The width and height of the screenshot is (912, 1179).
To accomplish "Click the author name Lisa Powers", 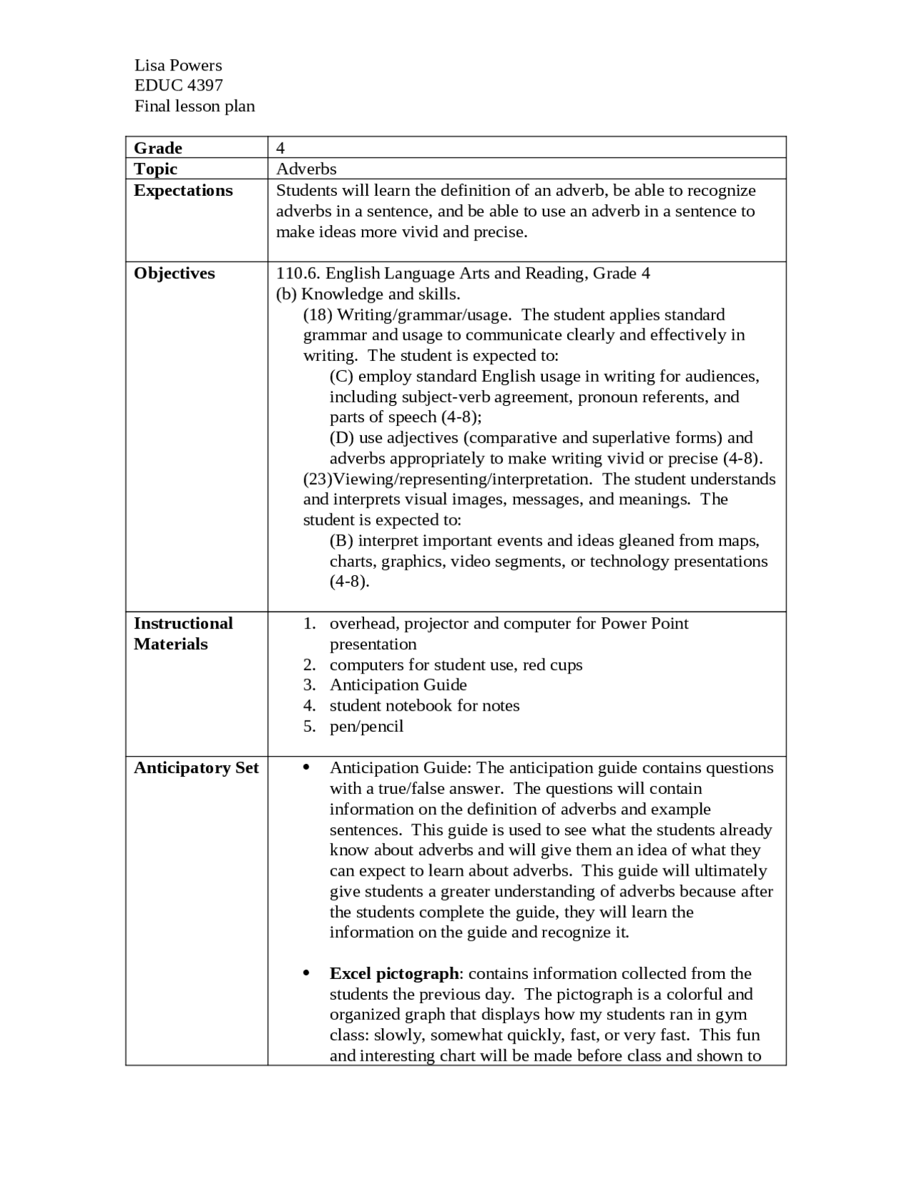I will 178,65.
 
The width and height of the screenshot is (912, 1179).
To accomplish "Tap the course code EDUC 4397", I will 179,85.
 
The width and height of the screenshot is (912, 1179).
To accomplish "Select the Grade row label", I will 158,148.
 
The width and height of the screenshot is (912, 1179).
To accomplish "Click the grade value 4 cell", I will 281,148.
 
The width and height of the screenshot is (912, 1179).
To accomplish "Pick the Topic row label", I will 156,169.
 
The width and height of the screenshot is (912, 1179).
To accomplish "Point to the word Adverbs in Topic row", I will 306,169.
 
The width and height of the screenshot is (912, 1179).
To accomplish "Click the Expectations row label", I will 183,190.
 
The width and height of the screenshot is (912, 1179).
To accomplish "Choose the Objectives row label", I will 175,273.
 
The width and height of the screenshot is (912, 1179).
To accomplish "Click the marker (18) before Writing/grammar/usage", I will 318,315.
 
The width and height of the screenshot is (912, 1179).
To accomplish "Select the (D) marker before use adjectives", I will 342,437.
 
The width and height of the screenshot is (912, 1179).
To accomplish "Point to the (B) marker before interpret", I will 341,540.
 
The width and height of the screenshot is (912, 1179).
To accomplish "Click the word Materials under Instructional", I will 171,644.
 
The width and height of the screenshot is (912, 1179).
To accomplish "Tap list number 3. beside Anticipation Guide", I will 309,685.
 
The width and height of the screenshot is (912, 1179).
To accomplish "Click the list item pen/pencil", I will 366,726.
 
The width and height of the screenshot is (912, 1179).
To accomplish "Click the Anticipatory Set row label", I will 197,768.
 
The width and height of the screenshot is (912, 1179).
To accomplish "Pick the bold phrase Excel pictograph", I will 394,973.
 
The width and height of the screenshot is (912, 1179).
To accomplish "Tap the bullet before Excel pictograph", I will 306,973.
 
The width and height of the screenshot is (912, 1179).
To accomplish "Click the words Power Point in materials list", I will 645,624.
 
